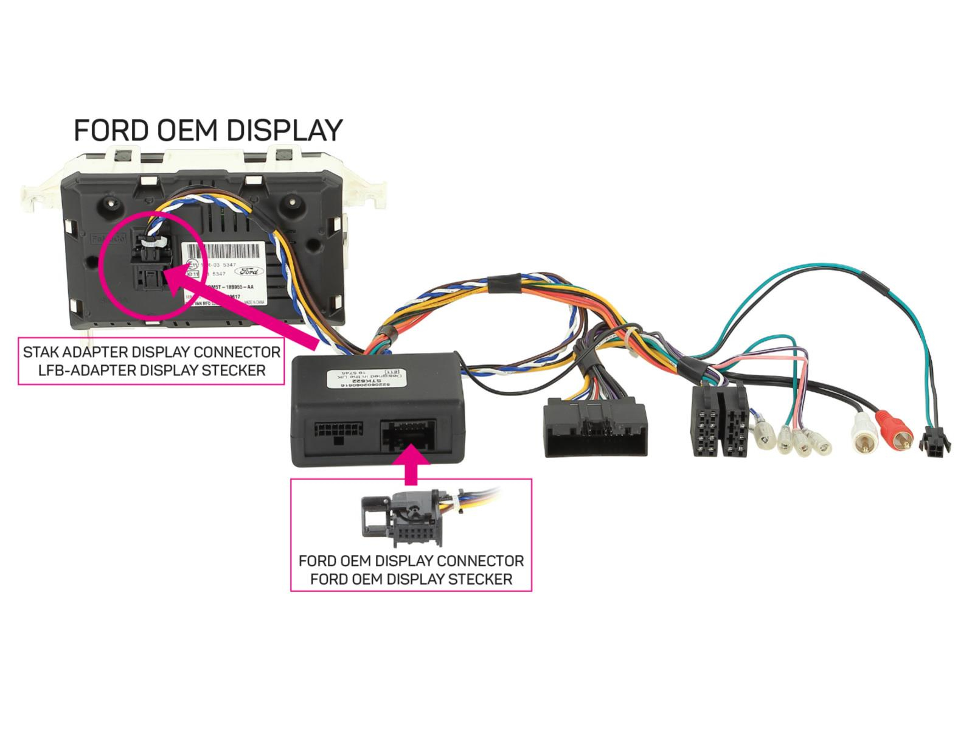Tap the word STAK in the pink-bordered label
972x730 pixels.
[x=42, y=352]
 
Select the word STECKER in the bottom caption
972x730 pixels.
[x=481, y=579]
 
